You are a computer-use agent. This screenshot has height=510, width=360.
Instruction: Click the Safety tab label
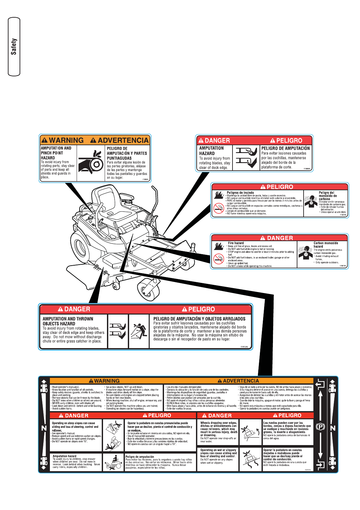point(14,47)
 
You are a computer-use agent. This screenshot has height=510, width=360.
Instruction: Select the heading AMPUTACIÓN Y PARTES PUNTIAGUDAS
point(127,153)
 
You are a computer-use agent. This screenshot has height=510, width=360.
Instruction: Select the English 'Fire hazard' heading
point(236,243)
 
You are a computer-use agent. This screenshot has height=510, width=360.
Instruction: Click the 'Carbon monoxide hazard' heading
point(325,245)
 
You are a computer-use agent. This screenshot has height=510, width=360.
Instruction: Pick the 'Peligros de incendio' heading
point(240,193)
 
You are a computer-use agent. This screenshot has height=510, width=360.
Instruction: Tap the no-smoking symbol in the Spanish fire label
point(218,208)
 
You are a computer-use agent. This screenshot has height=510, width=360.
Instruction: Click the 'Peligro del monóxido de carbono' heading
point(327,196)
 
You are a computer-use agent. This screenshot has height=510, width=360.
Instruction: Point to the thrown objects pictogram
point(139,331)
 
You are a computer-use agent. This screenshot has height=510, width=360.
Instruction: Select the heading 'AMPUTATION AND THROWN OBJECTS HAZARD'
point(68,321)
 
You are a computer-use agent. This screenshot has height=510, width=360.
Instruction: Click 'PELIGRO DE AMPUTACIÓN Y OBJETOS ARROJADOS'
point(199,319)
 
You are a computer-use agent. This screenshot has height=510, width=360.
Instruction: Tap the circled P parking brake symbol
point(320,427)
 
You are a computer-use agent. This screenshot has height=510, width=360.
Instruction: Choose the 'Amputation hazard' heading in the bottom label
point(65,456)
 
